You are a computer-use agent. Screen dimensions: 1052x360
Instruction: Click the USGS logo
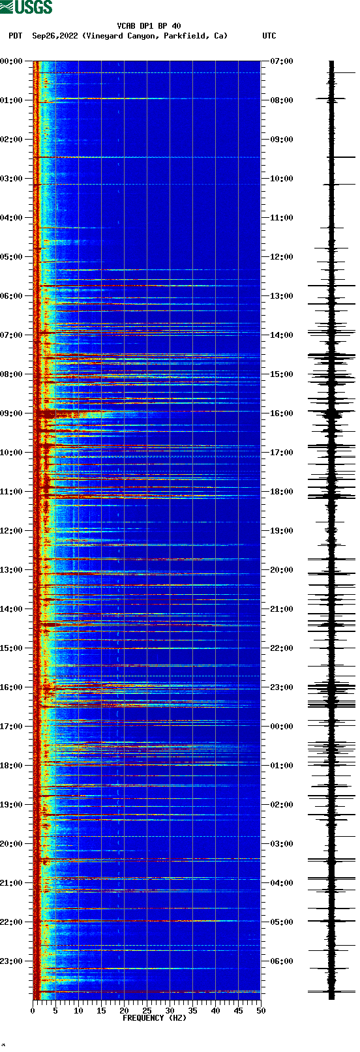coord(26,7)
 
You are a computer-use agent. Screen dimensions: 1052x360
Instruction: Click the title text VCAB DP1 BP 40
coord(149,26)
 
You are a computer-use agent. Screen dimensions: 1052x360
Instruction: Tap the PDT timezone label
coord(15,36)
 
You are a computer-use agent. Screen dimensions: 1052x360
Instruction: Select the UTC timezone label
coord(269,36)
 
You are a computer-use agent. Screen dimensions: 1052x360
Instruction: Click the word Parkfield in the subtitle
coord(186,36)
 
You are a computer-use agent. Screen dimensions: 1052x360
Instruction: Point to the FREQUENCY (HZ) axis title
coord(154,1017)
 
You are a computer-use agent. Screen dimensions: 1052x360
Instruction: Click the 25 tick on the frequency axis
coord(147,1010)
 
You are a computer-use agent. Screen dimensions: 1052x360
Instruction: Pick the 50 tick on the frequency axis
coord(261,1010)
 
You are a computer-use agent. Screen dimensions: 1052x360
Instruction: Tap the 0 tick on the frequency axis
coord(33,1010)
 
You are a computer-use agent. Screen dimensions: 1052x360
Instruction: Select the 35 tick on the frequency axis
coord(192,1010)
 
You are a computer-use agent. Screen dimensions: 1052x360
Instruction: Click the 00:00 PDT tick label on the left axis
coord(11,61)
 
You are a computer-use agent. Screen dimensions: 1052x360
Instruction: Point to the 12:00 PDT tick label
coord(11,531)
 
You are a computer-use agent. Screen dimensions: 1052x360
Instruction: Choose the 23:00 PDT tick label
coord(11,961)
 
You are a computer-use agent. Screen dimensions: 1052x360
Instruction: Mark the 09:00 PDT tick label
coord(11,413)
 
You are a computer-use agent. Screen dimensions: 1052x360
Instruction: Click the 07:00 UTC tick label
coord(282,61)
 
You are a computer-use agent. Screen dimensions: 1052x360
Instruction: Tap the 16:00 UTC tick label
coord(282,413)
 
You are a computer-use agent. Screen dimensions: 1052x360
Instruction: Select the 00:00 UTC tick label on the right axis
coord(282,727)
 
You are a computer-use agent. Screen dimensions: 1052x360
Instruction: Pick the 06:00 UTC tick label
coord(282,961)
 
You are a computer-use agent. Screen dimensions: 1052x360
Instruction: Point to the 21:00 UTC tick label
coord(282,609)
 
